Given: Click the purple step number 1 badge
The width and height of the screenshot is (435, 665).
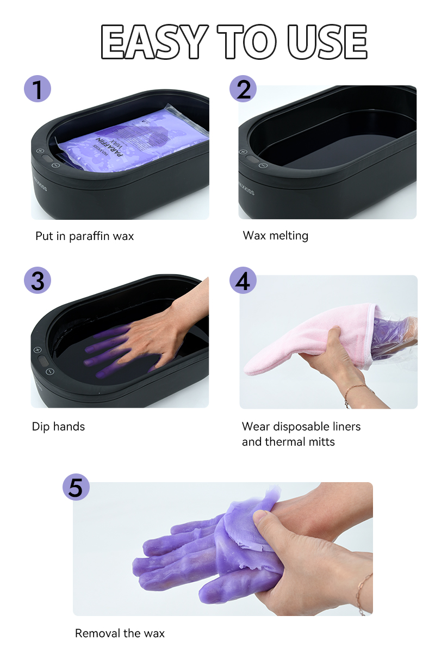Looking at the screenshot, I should coord(38,89).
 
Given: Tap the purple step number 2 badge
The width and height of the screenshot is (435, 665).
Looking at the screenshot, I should coord(243,89).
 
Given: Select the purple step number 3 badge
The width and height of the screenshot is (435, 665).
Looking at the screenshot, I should coord(38,280).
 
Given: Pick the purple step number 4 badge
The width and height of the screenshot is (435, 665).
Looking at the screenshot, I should coord(243,280).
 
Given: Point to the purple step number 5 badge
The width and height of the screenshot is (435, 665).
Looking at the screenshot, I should coord(76,487).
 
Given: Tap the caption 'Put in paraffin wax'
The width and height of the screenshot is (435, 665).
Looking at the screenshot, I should coord(84,236).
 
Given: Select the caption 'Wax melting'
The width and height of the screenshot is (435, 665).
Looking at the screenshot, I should coord(276,236).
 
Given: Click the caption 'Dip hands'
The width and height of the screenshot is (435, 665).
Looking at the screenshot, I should coord(58,427).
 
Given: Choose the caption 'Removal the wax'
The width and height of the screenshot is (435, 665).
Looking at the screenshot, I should coord(120,633).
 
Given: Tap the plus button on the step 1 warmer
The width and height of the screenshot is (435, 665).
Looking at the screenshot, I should coord(40,151).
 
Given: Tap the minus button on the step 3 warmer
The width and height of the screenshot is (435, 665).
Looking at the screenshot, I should coord(50,372).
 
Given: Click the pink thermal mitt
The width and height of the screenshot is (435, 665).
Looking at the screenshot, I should coord(304,343).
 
